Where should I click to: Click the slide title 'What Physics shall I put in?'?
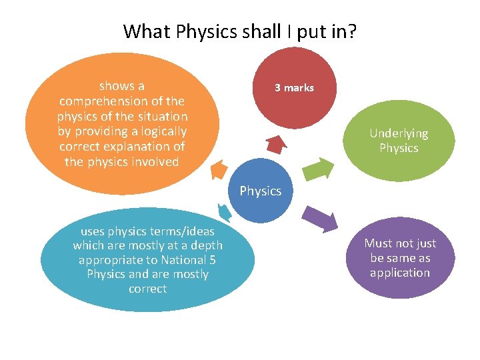(240, 31)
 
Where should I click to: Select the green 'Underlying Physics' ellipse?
(399, 140)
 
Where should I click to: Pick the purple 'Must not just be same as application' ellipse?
(400, 258)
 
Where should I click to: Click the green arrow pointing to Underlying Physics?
(322, 169)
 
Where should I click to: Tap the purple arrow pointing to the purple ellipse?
(319, 218)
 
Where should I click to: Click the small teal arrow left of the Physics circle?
(225, 212)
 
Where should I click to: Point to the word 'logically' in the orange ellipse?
(161, 131)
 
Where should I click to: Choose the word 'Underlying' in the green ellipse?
(399, 133)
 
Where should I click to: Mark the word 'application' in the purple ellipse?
(400, 273)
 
